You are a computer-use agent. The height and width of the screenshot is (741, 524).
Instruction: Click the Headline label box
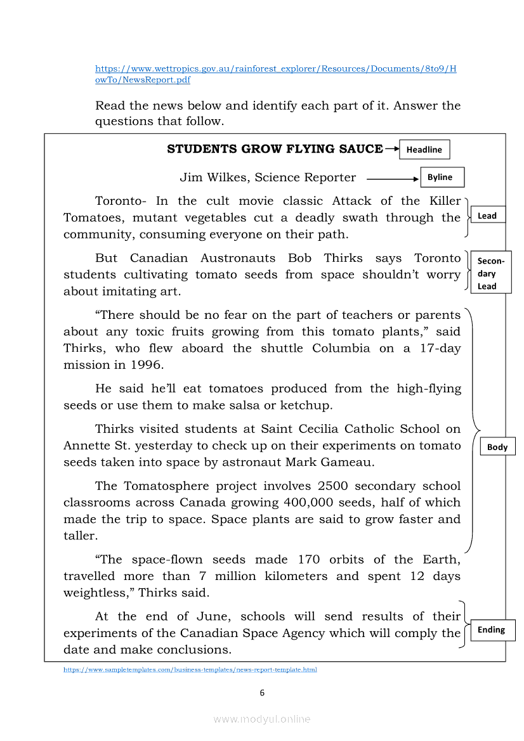click(x=424, y=150)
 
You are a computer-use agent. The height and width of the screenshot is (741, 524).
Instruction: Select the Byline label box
click(x=442, y=177)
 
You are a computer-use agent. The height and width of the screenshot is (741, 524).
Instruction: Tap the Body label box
click(x=497, y=447)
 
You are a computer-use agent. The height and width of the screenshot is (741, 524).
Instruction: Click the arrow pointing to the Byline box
click(x=391, y=179)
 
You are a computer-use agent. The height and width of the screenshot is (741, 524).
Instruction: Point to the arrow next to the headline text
click(x=391, y=150)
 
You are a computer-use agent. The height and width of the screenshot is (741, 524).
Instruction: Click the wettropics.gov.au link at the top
click(x=275, y=68)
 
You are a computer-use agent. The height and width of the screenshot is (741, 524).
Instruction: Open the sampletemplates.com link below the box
click(x=190, y=669)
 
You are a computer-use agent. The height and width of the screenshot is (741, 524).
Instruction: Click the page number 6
click(x=262, y=693)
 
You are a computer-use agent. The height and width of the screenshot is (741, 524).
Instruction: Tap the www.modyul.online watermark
click(x=262, y=719)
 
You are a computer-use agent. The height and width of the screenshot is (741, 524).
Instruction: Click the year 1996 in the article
click(x=147, y=365)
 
